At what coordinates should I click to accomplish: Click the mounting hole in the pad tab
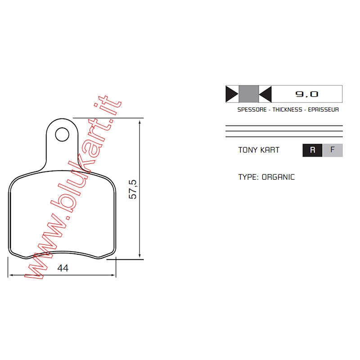pos(62,134)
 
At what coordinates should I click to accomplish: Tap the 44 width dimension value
pos(63,268)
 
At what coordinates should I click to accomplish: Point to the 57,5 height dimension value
pos(133,189)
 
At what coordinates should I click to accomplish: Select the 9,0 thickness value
pos(306,94)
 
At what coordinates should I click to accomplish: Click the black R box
pos(312,150)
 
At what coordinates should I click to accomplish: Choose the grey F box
pos(333,150)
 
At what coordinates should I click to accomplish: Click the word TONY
pos(247,150)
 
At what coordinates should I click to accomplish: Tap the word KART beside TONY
pos(270,150)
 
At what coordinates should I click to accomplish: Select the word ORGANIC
pos(278,177)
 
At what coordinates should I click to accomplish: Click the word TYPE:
pos(248,177)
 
